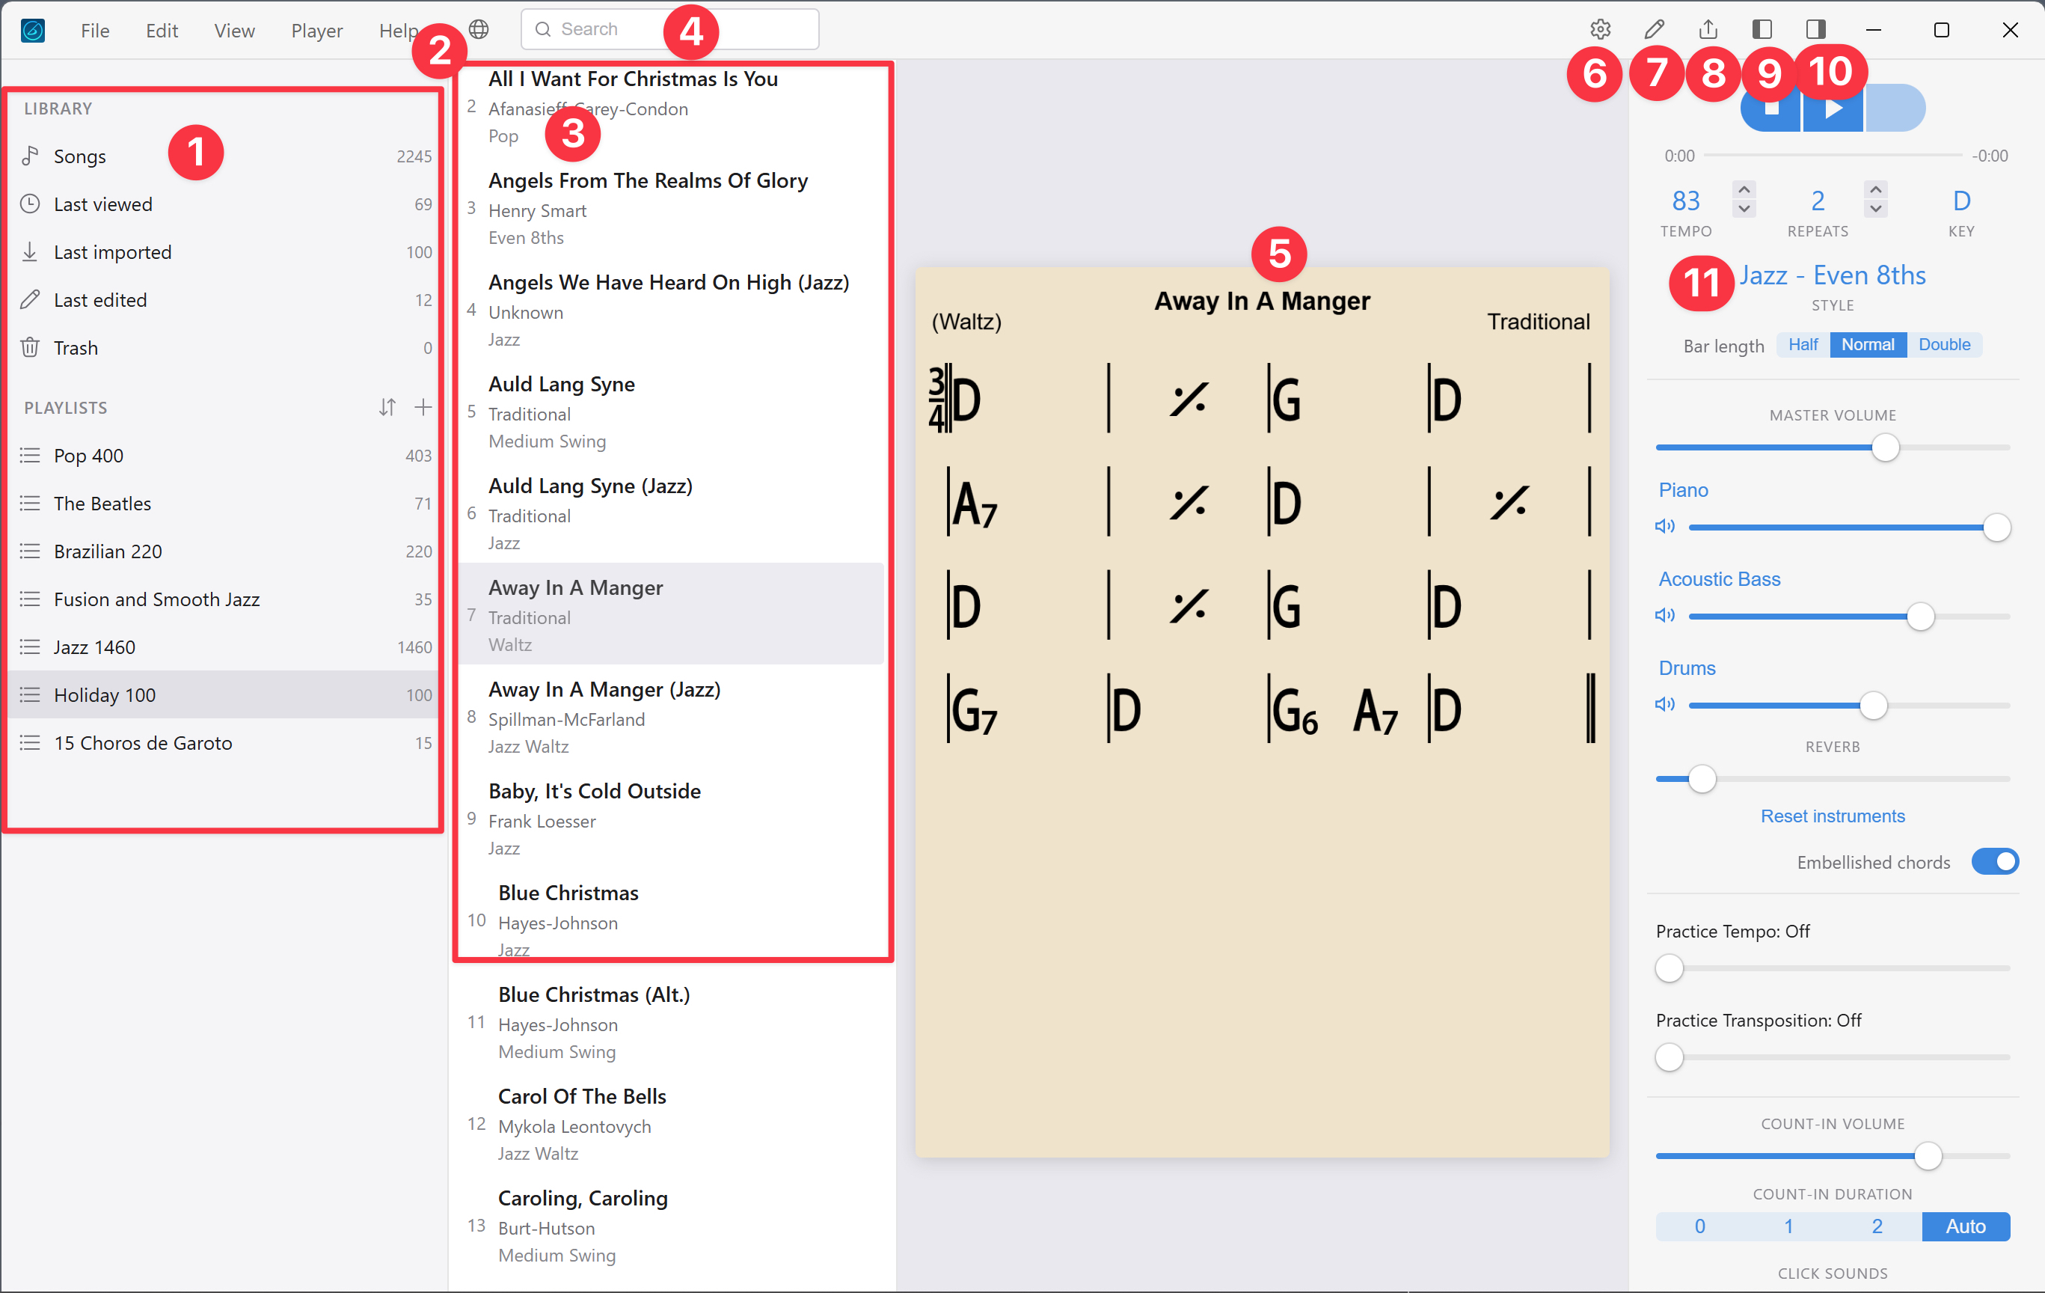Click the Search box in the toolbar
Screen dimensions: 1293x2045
[x=611, y=29]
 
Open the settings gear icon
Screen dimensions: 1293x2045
[x=1600, y=30]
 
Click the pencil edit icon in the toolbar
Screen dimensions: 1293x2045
[x=1654, y=30]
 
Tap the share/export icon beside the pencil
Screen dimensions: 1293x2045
[x=1708, y=30]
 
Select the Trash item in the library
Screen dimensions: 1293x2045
[x=76, y=347]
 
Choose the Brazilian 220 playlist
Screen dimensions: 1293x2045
[x=108, y=551]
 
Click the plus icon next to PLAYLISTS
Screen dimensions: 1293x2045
[x=423, y=407]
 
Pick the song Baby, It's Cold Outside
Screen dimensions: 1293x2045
[x=595, y=791]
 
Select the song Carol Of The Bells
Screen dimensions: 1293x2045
[x=582, y=1096]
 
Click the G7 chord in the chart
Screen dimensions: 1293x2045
[x=973, y=710]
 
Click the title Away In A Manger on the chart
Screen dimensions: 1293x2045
[x=1261, y=301]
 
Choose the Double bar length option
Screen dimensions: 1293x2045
[x=1944, y=344]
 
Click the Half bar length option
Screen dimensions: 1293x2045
[x=1802, y=344]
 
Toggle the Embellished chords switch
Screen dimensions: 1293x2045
[x=1994, y=861]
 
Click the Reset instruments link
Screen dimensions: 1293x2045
[x=1832, y=816]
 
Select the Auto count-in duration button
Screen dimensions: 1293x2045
[x=1964, y=1226]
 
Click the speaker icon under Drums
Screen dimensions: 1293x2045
[x=1664, y=704]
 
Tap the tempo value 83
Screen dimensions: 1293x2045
[x=1685, y=201]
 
